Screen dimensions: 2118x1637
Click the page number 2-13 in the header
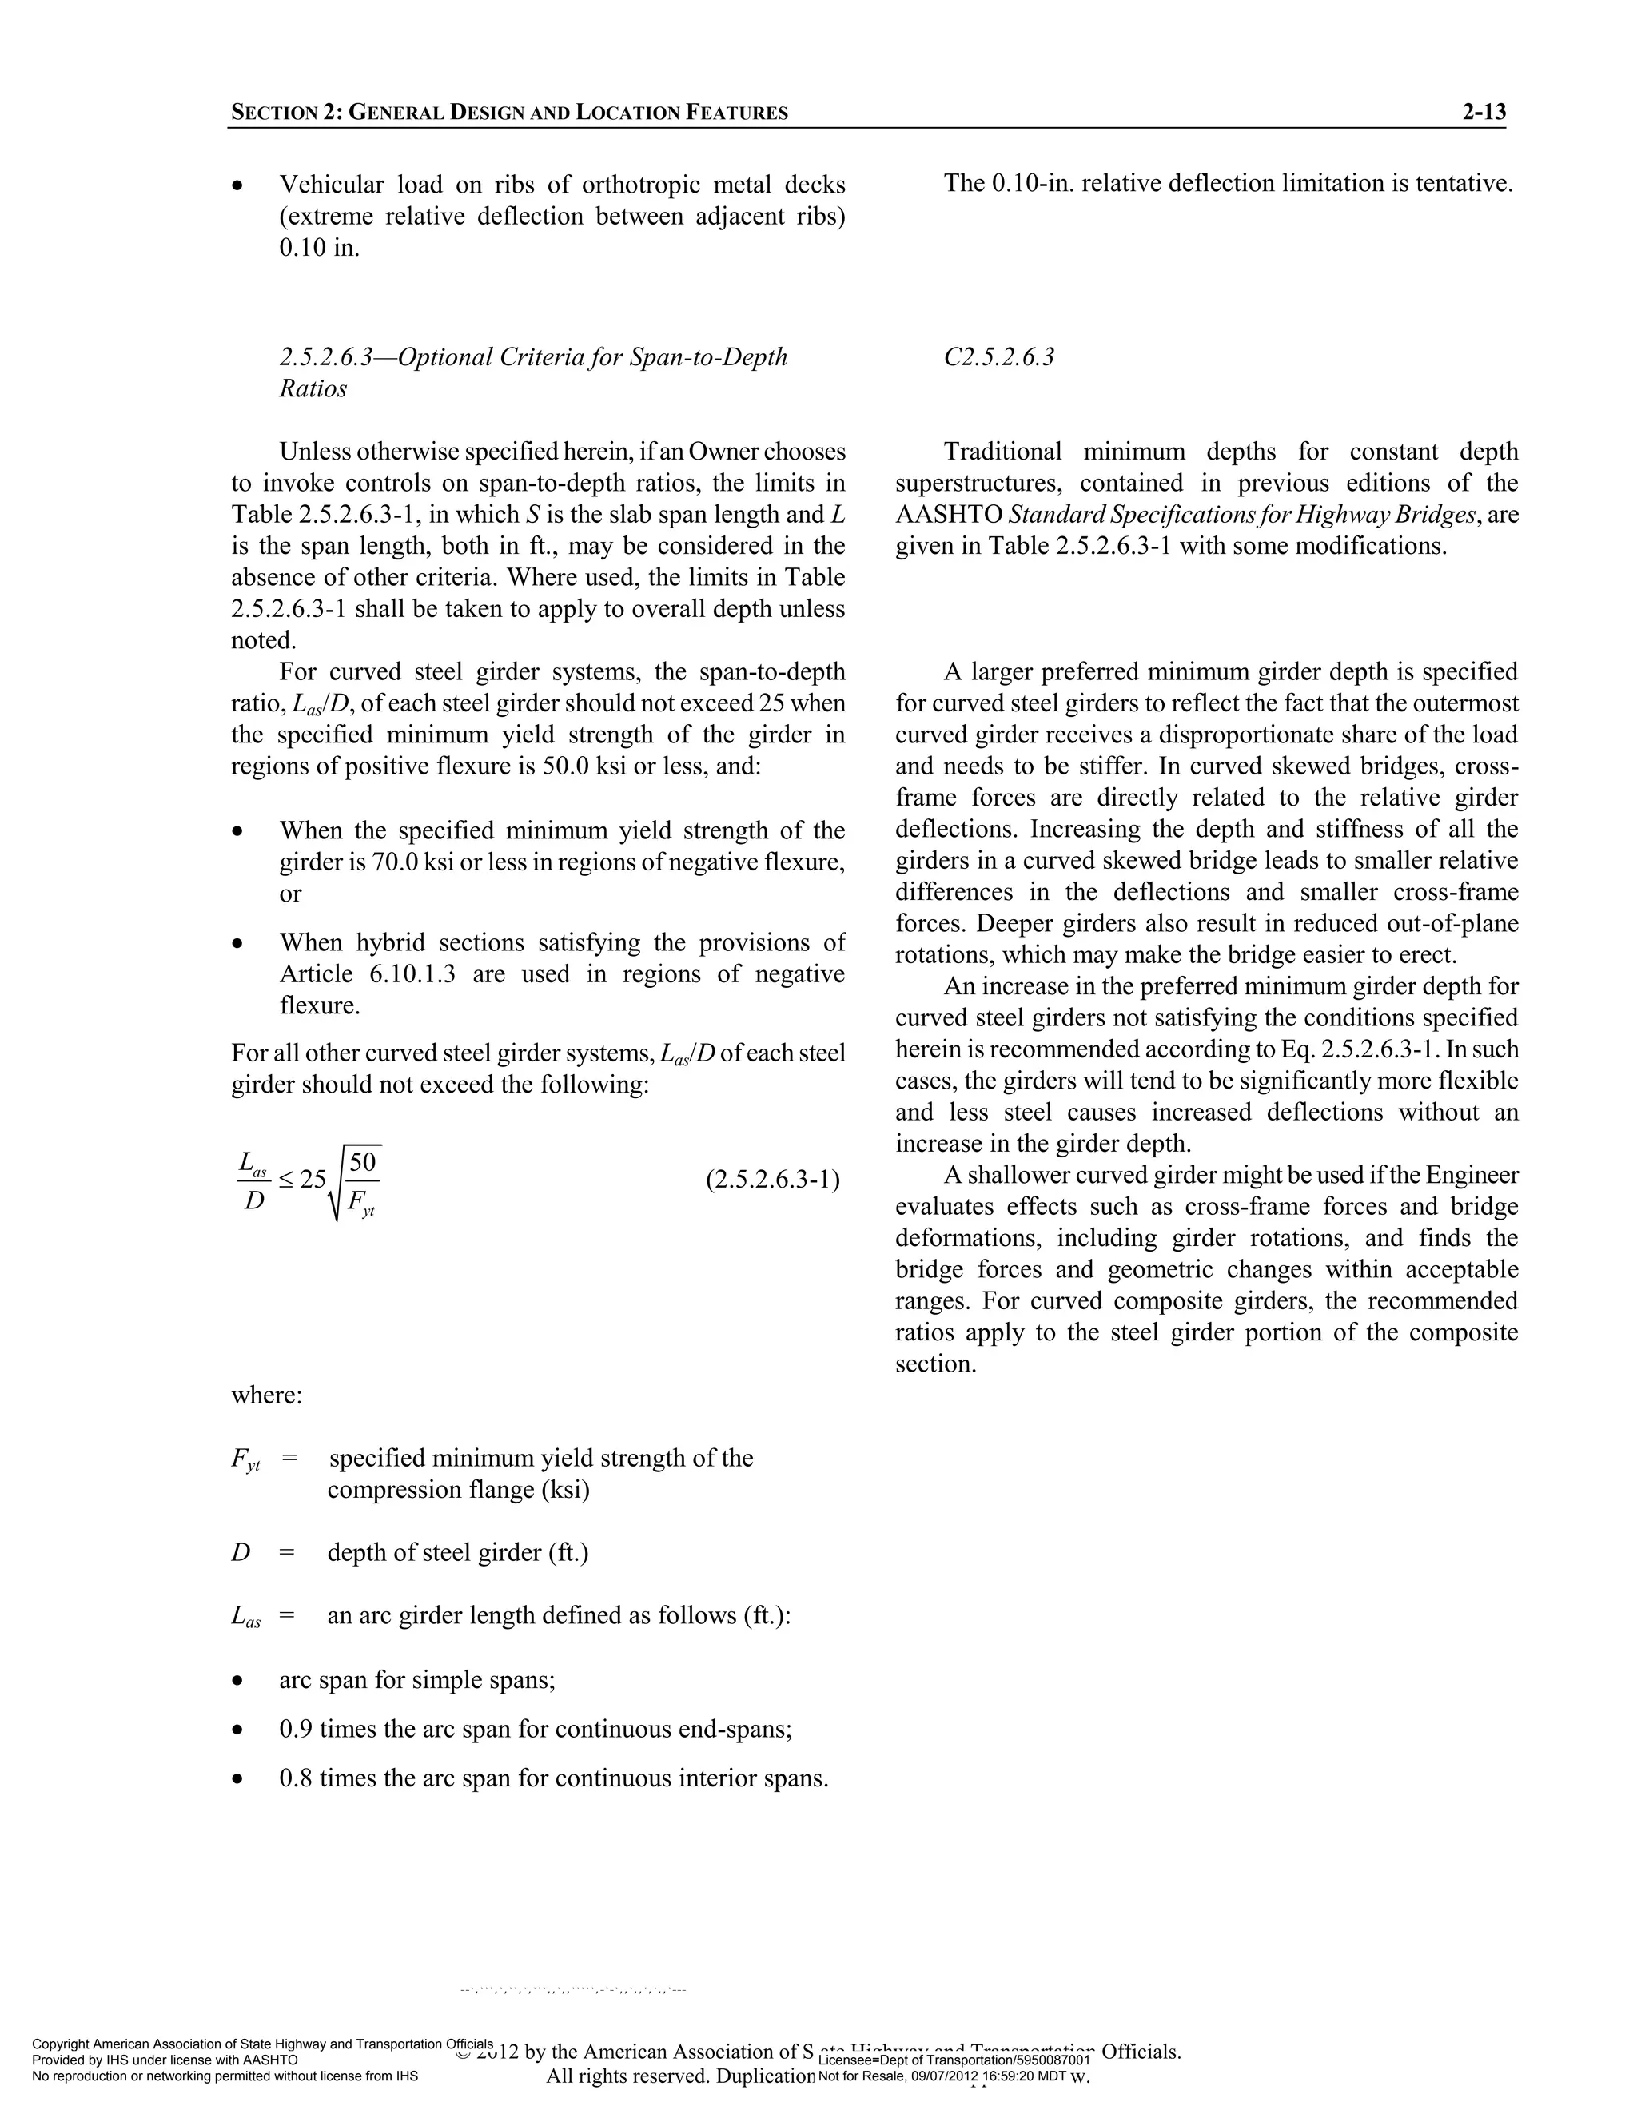coord(1484,113)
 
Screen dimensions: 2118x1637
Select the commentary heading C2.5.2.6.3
coord(999,357)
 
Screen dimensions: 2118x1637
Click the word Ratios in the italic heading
coord(313,389)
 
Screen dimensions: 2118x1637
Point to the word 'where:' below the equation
coord(267,1395)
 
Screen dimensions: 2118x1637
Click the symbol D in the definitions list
coord(241,1553)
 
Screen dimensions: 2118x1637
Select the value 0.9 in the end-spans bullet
coord(296,1729)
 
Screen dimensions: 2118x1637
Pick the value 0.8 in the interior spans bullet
coord(296,1778)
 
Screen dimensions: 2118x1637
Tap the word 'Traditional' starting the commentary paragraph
coord(1003,452)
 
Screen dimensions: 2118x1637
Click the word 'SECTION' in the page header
coord(273,113)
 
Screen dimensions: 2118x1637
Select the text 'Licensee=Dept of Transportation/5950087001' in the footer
coord(955,2060)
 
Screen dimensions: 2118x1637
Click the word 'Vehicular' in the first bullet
coord(333,185)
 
